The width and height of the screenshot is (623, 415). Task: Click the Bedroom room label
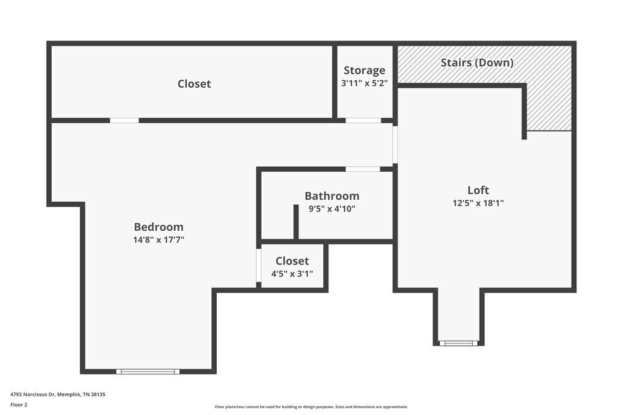point(158,227)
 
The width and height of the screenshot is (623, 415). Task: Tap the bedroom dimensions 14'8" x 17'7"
point(158,240)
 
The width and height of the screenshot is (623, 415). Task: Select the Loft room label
point(478,190)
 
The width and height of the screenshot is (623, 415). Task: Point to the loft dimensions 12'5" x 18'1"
point(478,203)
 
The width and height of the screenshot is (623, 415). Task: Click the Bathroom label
point(331,196)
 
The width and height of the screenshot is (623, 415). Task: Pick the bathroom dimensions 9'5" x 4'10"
point(331,209)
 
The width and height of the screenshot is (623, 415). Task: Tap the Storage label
point(364,70)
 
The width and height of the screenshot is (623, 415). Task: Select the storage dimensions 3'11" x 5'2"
point(364,83)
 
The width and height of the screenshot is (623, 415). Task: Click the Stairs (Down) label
point(477,63)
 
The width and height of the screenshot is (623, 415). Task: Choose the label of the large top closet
point(194,83)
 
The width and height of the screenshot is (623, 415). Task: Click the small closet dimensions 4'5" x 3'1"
point(292,274)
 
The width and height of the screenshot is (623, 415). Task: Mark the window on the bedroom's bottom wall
point(148,371)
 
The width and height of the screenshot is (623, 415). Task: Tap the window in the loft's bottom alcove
point(459,343)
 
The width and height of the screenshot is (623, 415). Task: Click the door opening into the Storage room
point(363,120)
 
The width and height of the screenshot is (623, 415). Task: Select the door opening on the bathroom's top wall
point(363,169)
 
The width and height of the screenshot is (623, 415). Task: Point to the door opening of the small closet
point(259,266)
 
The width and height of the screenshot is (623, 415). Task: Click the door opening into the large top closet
point(124,120)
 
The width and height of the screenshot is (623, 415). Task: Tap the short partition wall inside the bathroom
point(296,221)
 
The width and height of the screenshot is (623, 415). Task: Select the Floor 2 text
point(19,404)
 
